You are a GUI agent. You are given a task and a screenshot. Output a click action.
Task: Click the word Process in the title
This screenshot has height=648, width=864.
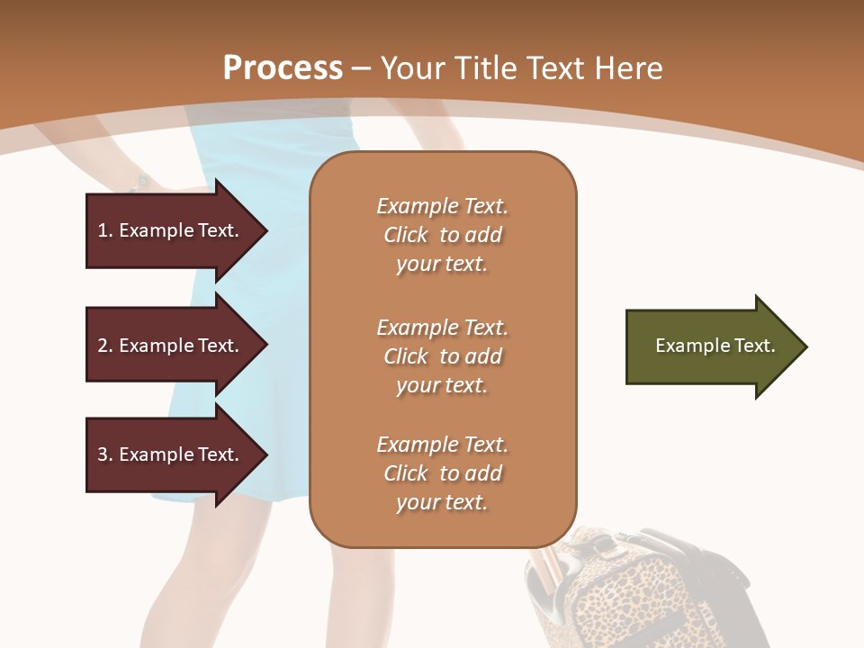point(283,68)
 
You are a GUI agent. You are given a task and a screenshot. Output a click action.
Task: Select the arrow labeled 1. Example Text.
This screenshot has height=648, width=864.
point(171,231)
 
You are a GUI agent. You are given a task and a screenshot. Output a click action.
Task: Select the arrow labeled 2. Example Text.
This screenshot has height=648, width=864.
point(171,346)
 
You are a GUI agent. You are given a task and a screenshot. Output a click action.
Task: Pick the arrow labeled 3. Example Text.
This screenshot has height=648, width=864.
point(171,454)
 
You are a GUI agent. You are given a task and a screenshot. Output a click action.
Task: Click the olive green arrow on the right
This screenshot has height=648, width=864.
point(711,346)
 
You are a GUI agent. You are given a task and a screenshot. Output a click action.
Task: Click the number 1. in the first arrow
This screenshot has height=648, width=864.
point(105,231)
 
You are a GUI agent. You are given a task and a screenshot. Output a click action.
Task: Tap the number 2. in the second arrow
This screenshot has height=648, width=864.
point(105,346)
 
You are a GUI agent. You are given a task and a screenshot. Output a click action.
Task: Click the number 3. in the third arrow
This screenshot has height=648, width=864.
point(105,454)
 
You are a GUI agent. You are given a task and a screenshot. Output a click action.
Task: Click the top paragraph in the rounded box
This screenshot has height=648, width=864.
point(442,235)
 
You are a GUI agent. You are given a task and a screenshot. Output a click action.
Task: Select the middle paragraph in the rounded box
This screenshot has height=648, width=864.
point(442,356)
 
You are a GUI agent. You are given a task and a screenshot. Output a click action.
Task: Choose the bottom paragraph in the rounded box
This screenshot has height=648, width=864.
point(442,473)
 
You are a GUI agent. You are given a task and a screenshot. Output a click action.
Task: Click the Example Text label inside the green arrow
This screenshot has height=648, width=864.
point(715,346)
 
